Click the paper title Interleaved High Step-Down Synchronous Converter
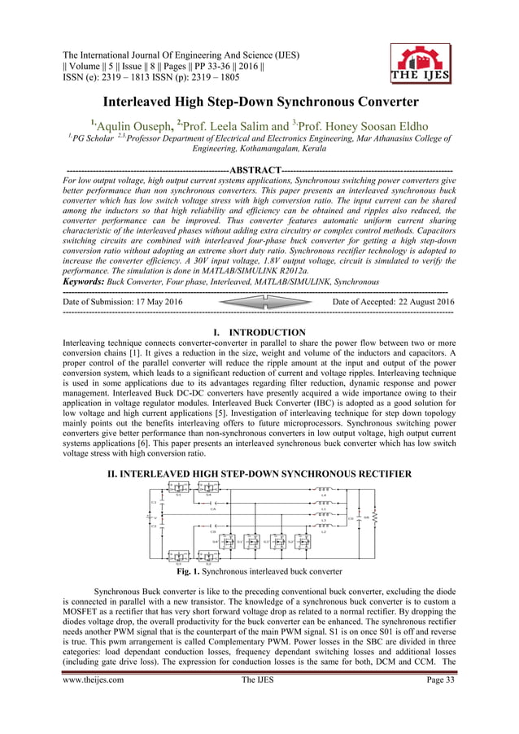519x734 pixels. [x=259, y=103]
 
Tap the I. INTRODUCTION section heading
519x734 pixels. [x=259, y=333]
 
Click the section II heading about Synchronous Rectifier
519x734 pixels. [x=259, y=474]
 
